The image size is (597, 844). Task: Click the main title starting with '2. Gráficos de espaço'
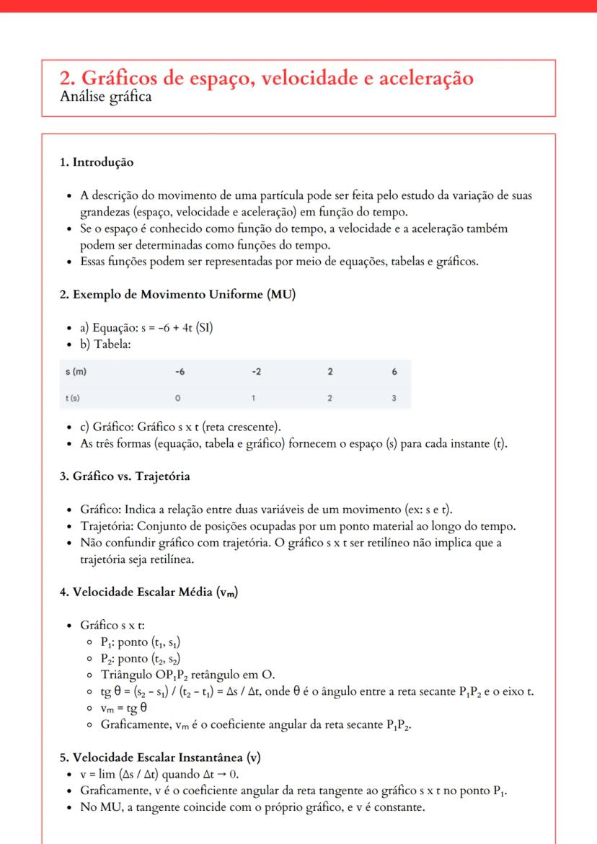[x=266, y=79]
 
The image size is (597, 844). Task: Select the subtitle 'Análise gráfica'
[x=106, y=97]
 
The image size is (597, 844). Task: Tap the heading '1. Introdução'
[x=96, y=163]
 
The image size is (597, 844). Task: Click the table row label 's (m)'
[x=70, y=372]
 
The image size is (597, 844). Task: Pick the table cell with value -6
[x=179, y=372]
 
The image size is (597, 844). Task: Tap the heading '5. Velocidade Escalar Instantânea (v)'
[x=160, y=758]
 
